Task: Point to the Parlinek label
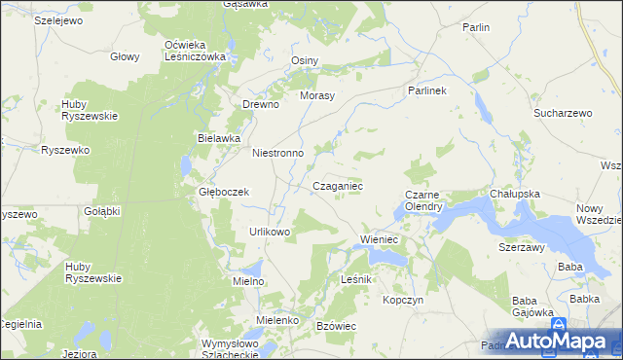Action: [425, 90]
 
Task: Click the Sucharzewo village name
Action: [563, 113]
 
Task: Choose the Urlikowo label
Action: [270, 232]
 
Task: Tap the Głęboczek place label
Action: [225, 192]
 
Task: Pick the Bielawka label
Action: [219, 138]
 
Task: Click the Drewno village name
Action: [261, 104]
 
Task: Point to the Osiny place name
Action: [305, 60]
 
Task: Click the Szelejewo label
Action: [57, 19]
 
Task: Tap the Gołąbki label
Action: [101, 211]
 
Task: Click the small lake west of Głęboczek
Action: [187, 167]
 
